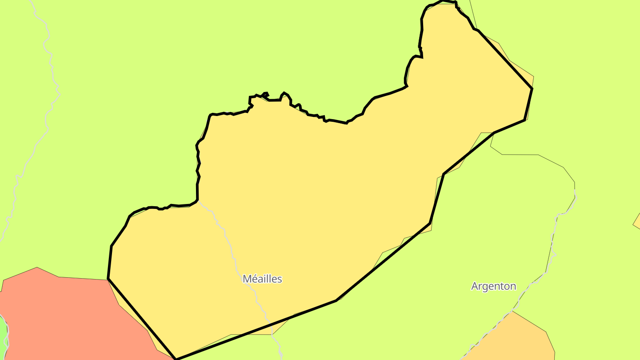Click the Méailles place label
[262, 279]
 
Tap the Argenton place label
[493, 286]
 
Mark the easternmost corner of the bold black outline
[532, 89]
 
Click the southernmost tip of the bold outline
[176, 359]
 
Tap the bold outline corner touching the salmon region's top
[108, 279]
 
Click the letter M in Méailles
[247, 279]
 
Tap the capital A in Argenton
[475, 286]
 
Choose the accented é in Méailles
[255, 279]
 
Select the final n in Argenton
[513, 286]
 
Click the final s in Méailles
[280, 279]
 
